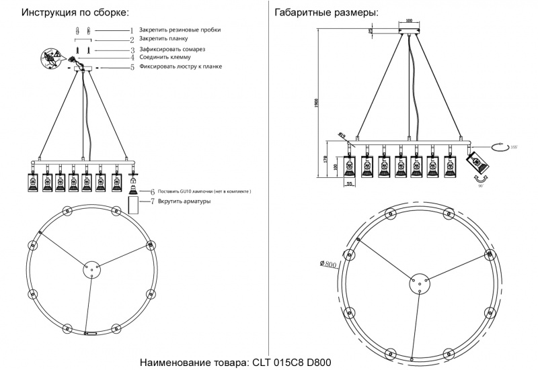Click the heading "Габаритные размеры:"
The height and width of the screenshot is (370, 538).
325,13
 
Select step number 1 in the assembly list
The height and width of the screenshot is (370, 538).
132,31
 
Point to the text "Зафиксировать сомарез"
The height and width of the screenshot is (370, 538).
172,50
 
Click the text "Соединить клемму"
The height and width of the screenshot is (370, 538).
165,58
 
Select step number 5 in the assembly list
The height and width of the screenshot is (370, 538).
132,67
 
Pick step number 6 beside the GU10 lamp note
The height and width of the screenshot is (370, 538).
152,191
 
